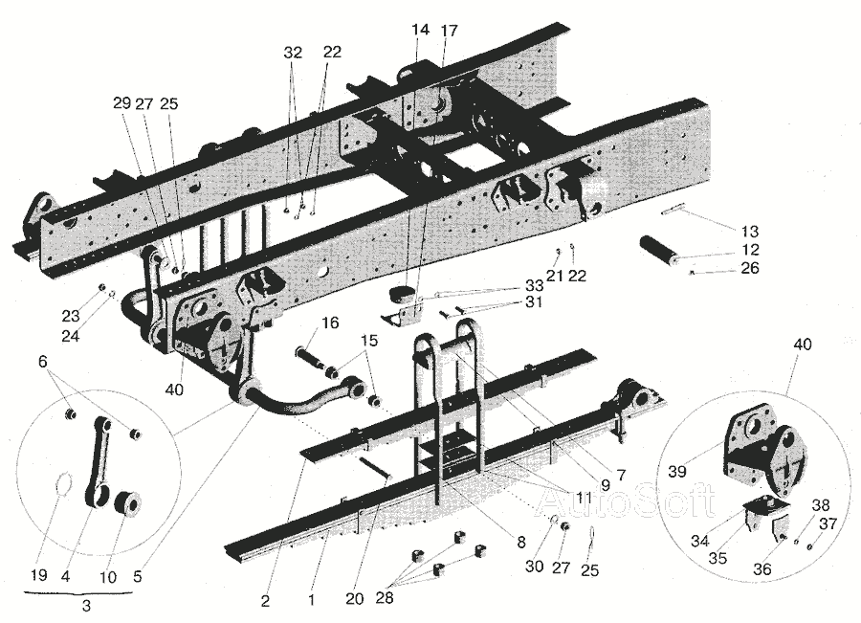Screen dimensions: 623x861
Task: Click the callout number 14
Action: pyautogui.click(x=421, y=31)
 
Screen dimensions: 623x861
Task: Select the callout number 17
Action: pyautogui.click(x=449, y=31)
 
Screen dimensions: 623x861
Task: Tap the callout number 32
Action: pyautogui.click(x=293, y=53)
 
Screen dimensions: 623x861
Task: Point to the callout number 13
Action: pyautogui.click(x=749, y=231)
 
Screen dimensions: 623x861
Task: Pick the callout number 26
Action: pyautogui.click(x=749, y=269)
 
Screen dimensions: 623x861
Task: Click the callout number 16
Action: pyautogui.click(x=330, y=323)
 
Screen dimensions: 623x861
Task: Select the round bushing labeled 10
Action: pyautogui.click(x=127, y=502)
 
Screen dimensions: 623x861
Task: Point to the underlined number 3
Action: pyautogui.click(x=86, y=606)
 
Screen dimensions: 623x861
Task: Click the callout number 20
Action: pyautogui.click(x=356, y=600)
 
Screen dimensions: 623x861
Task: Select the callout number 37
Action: pyautogui.click(x=828, y=524)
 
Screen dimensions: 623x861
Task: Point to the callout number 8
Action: pyautogui.click(x=520, y=542)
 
